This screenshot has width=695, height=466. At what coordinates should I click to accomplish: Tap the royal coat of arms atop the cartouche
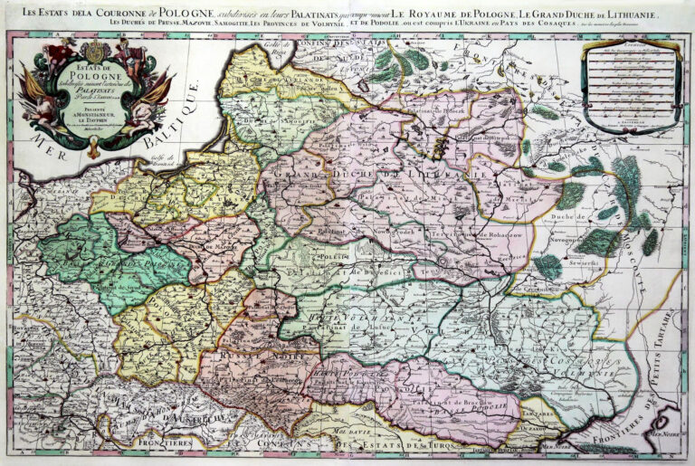pos(95,51)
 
